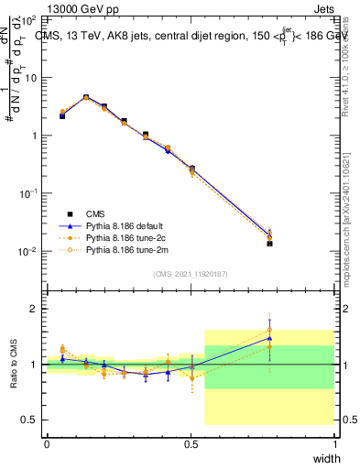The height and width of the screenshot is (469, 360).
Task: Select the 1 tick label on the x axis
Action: click(x=335, y=443)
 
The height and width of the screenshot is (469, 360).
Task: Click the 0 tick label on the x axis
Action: click(x=46, y=443)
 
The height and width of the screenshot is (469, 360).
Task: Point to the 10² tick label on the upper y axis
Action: click(x=29, y=19)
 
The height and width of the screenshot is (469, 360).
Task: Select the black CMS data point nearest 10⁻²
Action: click(x=269, y=244)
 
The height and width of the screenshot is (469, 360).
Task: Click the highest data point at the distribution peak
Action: click(x=86, y=97)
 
